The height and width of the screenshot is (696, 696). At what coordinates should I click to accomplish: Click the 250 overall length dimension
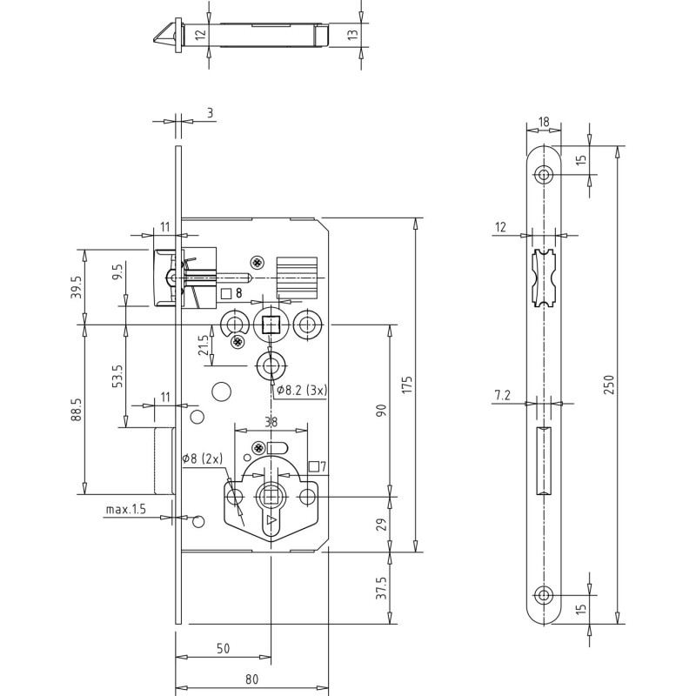click(610, 385)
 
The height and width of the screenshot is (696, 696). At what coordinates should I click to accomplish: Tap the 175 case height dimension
click(407, 385)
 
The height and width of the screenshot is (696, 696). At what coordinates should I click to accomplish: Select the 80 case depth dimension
click(251, 679)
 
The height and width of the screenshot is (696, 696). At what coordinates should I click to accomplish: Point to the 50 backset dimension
click(224, 648)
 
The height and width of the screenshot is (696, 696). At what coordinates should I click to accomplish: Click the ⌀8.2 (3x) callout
click(302, 391)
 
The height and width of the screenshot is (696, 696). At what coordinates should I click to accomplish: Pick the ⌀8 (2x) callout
click(203, 458)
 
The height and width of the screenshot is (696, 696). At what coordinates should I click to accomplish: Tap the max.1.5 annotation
click(125, 509)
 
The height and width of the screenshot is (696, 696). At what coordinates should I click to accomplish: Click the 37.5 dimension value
click(382, 588)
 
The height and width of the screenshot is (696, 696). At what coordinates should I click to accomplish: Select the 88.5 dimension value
click(77, 410)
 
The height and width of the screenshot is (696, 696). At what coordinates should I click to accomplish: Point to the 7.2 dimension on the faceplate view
click(503, 395)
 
